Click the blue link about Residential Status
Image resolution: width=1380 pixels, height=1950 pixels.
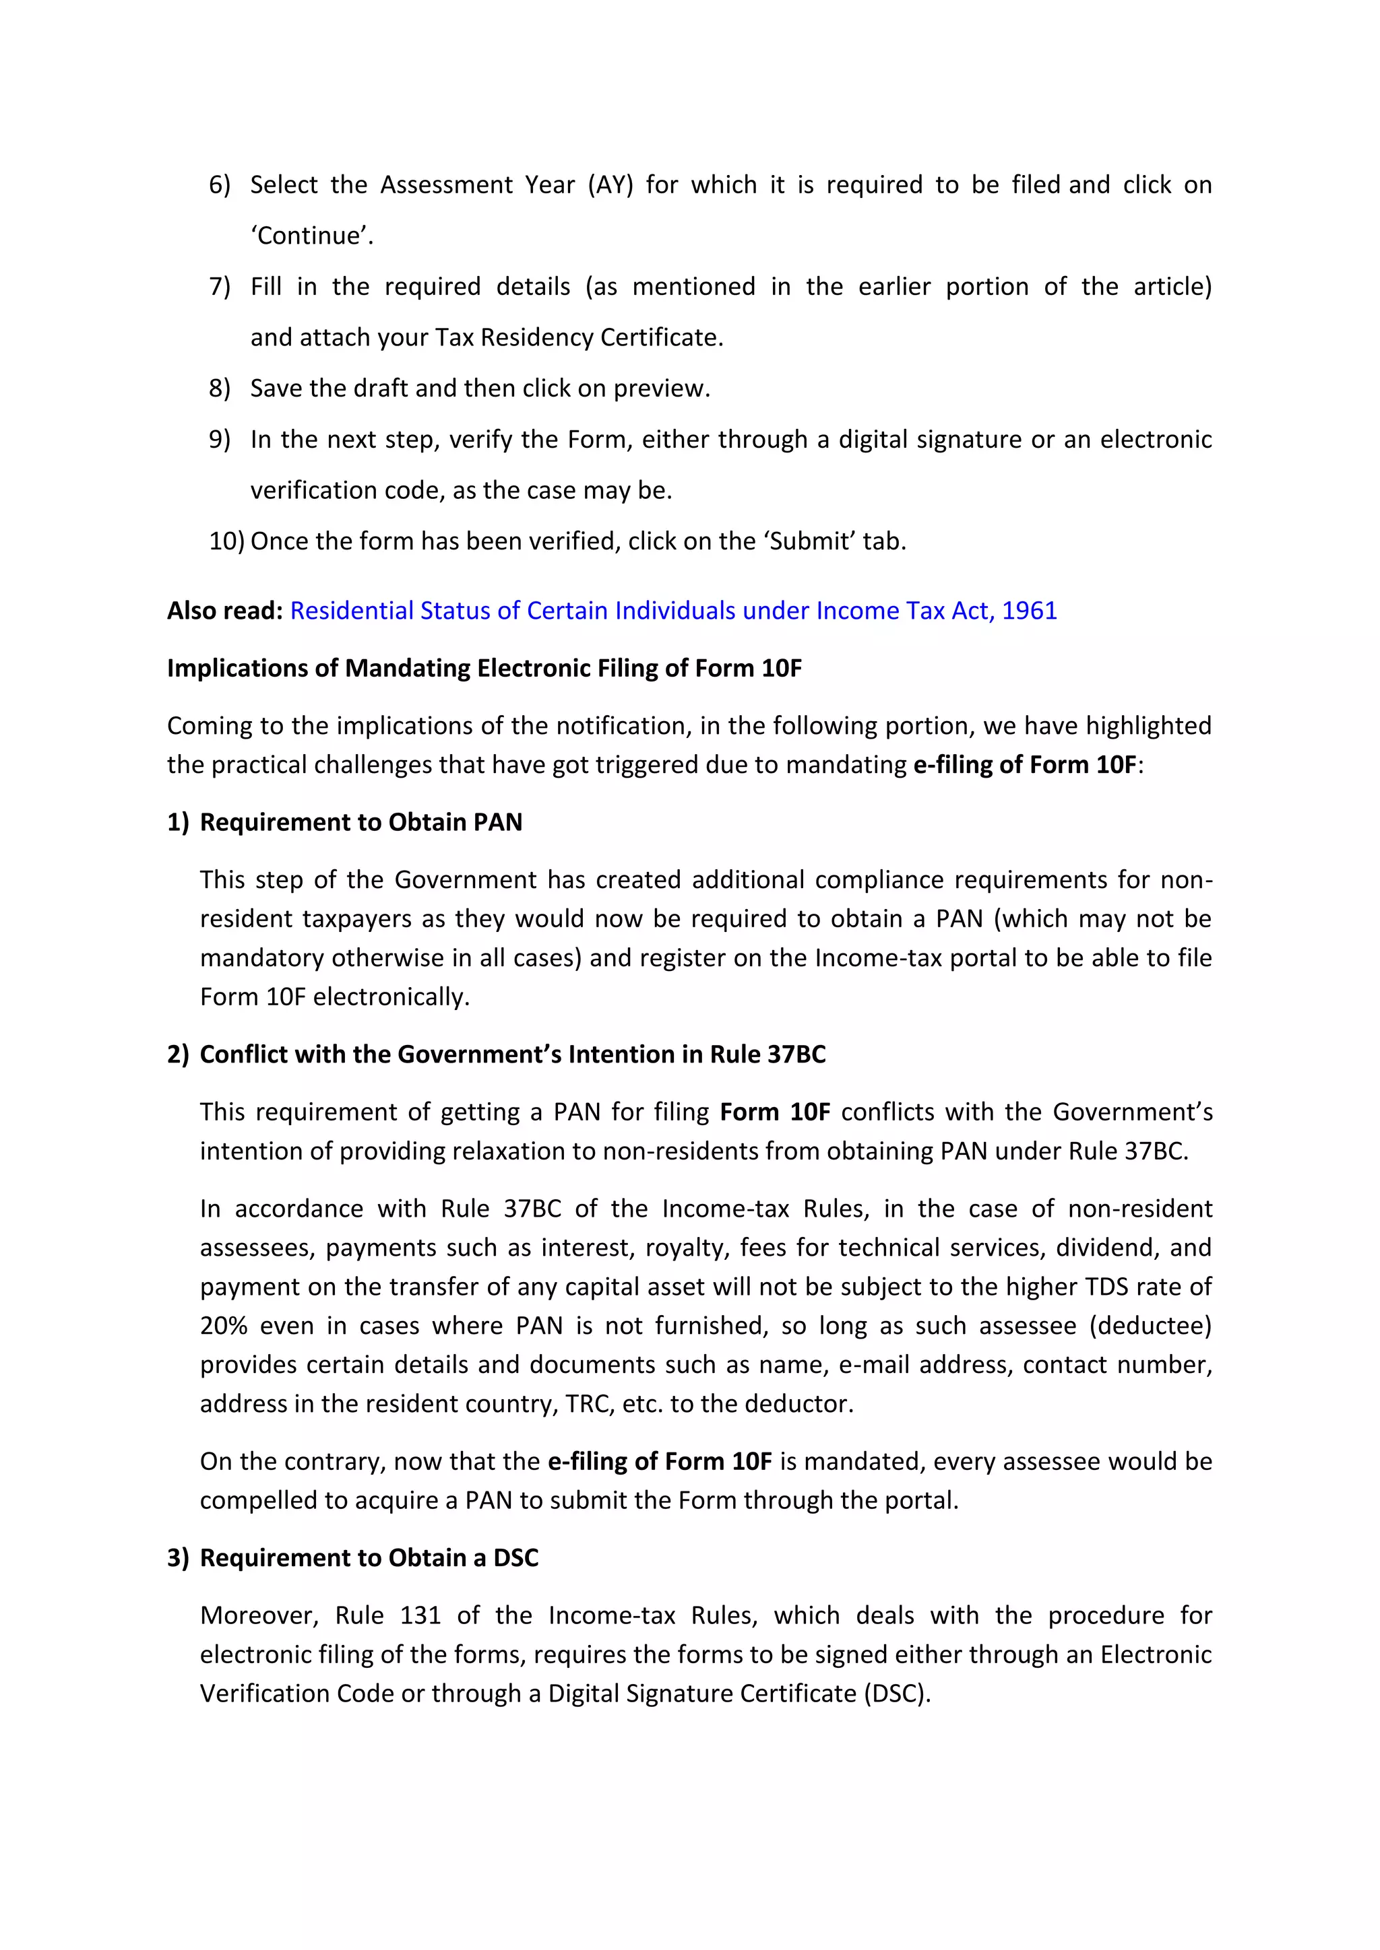pyautogui.click(x=673, y=611)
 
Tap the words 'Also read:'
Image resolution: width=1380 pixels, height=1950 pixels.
pyautogui.click(x=224, y=611)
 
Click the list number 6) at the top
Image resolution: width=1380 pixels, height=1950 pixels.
pyautogui.click(x=219, y=185)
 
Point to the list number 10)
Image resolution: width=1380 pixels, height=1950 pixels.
pyautogui.click(x=226, y=541)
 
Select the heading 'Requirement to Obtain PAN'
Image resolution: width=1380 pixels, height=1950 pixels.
pyautogui.click(x=360, y=822)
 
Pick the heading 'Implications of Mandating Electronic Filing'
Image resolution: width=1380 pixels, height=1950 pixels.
pyautogui.click(x=484, y=669)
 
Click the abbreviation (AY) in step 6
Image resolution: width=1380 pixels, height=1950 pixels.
pyautogui.click(x=610, y=185)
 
